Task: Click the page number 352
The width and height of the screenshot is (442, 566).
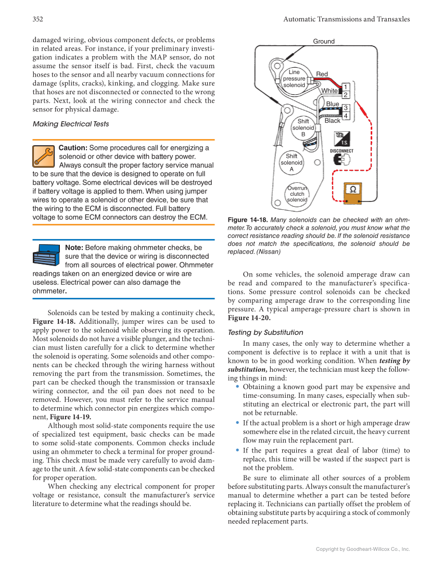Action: (x=37, y=19)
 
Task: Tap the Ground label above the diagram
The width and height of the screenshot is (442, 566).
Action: (x=323, y=41)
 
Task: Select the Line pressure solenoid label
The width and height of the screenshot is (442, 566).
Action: (x=294, y=78)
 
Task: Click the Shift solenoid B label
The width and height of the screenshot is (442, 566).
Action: (x=303, y=128)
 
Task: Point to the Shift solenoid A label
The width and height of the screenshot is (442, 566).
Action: (x=292, y=162)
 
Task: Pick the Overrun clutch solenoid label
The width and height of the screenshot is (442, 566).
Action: (x=297, y=194)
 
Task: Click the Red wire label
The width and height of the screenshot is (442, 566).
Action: (x=322, y=74)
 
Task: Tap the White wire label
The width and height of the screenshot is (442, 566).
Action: (x=329, y=91)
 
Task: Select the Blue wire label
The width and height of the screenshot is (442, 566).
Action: (x=332, y=104)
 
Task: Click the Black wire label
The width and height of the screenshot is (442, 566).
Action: (x=332, y=120)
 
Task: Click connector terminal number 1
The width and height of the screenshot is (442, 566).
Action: (x=345, y=86)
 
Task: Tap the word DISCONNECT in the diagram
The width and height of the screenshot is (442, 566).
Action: (x=342, y=151)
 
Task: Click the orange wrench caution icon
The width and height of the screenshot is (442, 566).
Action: (x=43, y=156)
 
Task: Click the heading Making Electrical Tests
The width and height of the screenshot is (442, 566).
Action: (x=70, y=124)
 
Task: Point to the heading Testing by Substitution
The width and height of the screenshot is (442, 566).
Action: (x=266, y=332)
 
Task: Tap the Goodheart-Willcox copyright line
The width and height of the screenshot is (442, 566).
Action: (x=363, y=549)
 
